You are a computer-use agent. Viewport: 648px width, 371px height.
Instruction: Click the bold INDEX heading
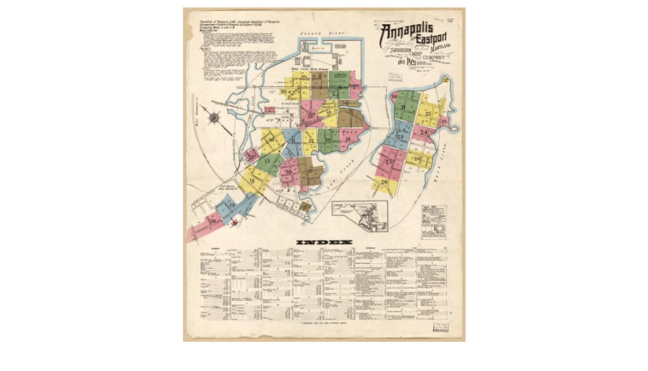323,242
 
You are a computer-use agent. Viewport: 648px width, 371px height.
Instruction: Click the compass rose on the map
214,117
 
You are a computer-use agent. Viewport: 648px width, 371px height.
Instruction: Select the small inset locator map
360,215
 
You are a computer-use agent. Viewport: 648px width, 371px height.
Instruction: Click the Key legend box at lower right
433,221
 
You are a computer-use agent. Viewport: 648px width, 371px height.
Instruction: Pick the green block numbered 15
269,163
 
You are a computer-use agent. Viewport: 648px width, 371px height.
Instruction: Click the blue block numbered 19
230,206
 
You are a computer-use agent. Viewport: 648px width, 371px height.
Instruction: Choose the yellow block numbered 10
272,141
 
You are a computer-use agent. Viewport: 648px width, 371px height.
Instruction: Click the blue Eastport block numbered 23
400,135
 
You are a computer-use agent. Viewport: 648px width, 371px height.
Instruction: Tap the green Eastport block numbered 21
405,108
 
